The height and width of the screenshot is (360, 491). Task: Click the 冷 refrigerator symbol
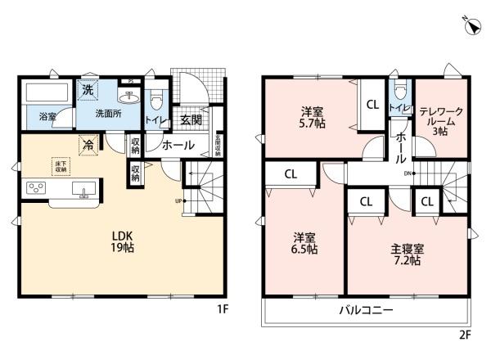pyautogui.click(x=88, y=145)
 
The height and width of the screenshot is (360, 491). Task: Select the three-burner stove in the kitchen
pyautogui.click(x=37, y=187)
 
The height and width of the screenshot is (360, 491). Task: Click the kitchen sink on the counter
pyautogui.click(x=83, y=190)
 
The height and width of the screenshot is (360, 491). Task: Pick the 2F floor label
pyautogui.click(x=464, y=335)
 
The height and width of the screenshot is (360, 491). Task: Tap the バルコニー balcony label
pyautogui.click(x=367, y=311)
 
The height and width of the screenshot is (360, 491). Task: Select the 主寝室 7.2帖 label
pyautogui.click(x=406, y=254)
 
